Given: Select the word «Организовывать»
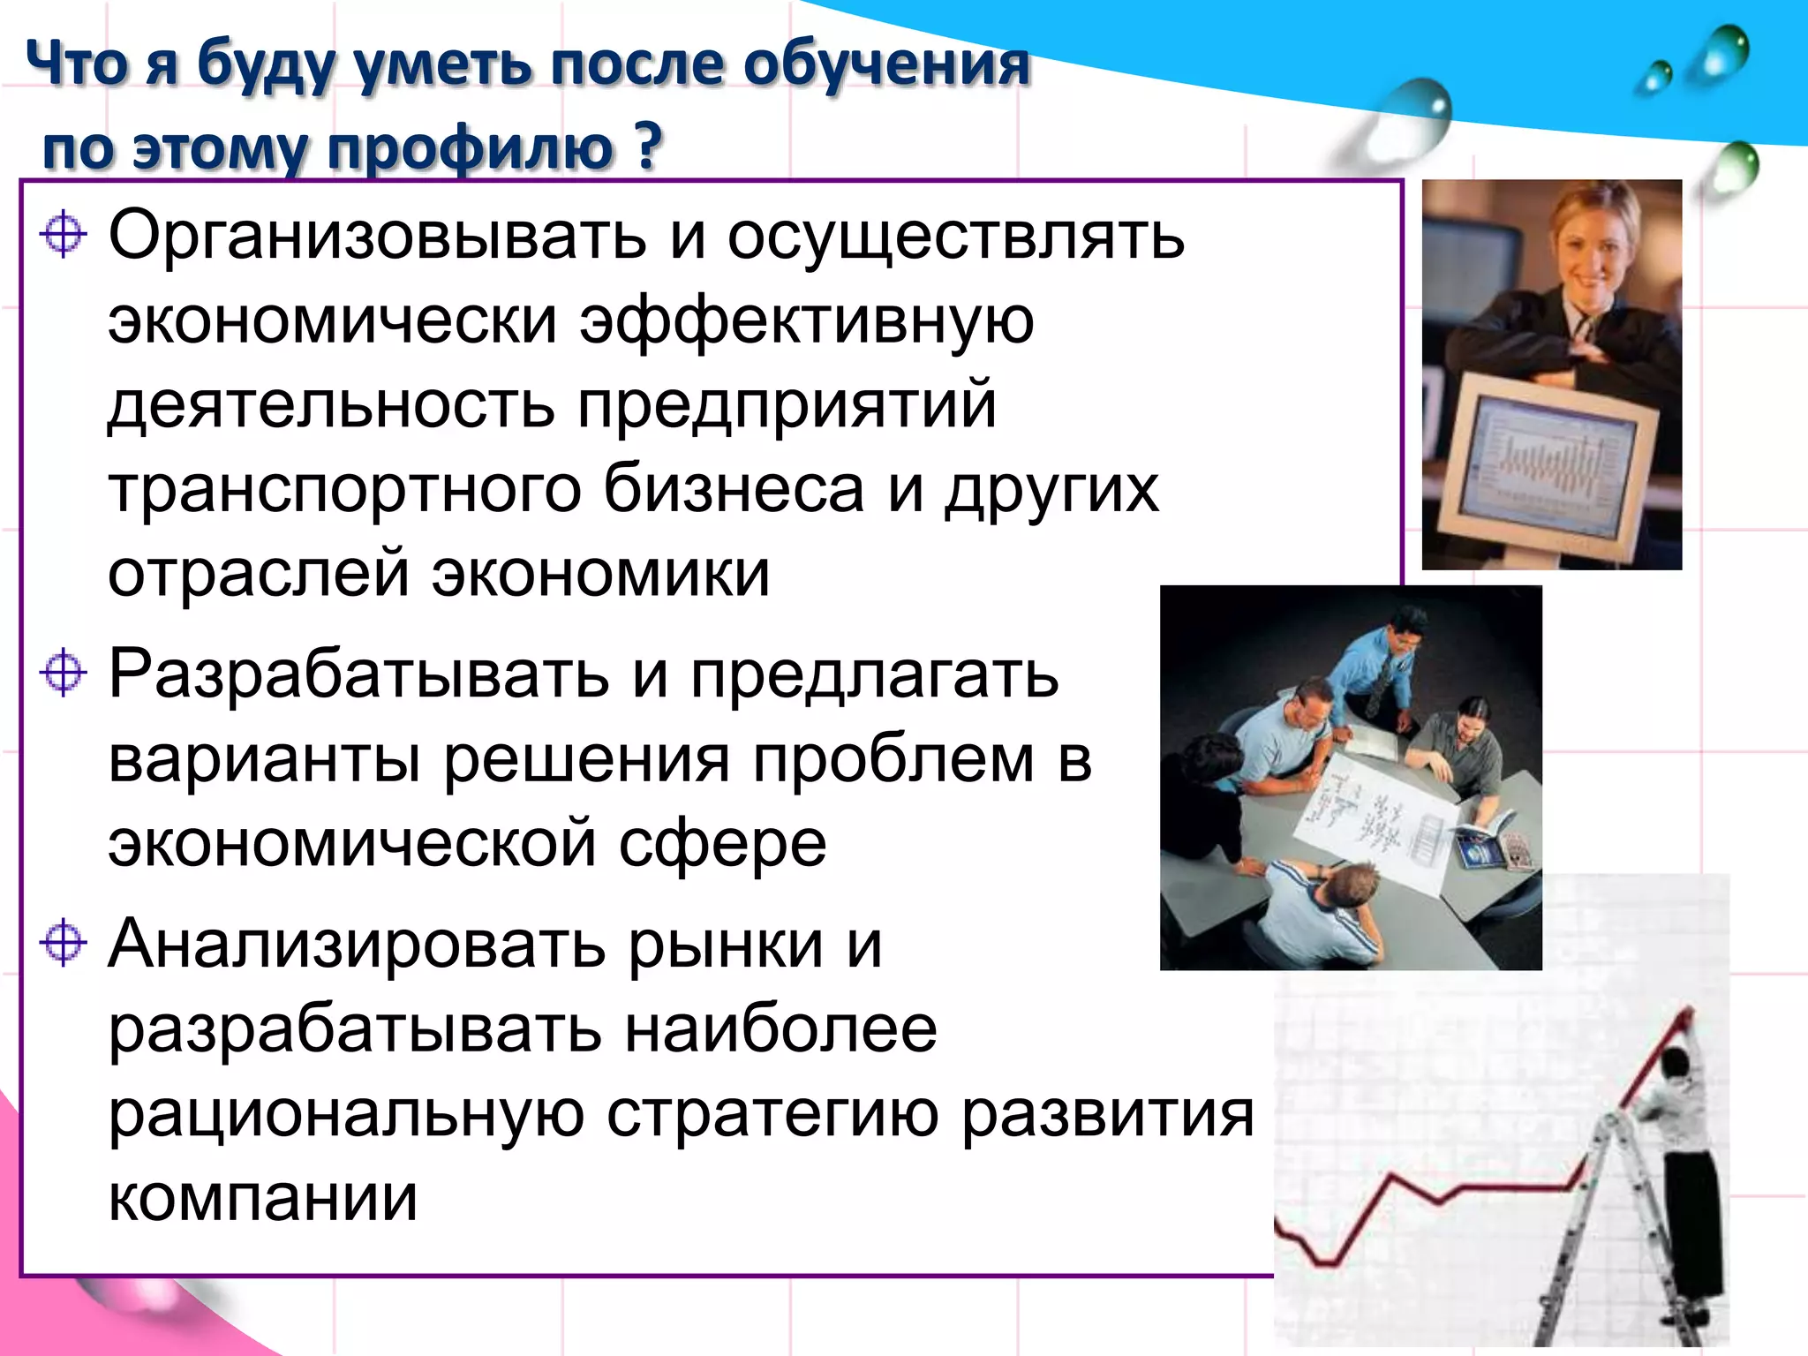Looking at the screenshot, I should click(x=377, y=237).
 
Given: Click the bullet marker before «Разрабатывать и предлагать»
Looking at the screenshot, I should click(x=64, y=674).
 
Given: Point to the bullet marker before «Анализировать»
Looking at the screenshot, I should click(x=64, y=942).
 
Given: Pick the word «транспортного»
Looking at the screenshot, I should click(x=345, y=490).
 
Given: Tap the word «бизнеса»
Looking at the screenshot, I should click(x=734, y=490).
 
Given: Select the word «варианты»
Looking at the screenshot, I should click(x=264, y=759).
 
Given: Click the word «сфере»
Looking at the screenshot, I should click(x=722, y=844).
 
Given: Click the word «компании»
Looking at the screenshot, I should click(x=262, y=1198).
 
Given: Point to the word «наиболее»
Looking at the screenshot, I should click(x=780, y=1029).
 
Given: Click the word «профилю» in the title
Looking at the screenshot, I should click(x=469, y=147).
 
